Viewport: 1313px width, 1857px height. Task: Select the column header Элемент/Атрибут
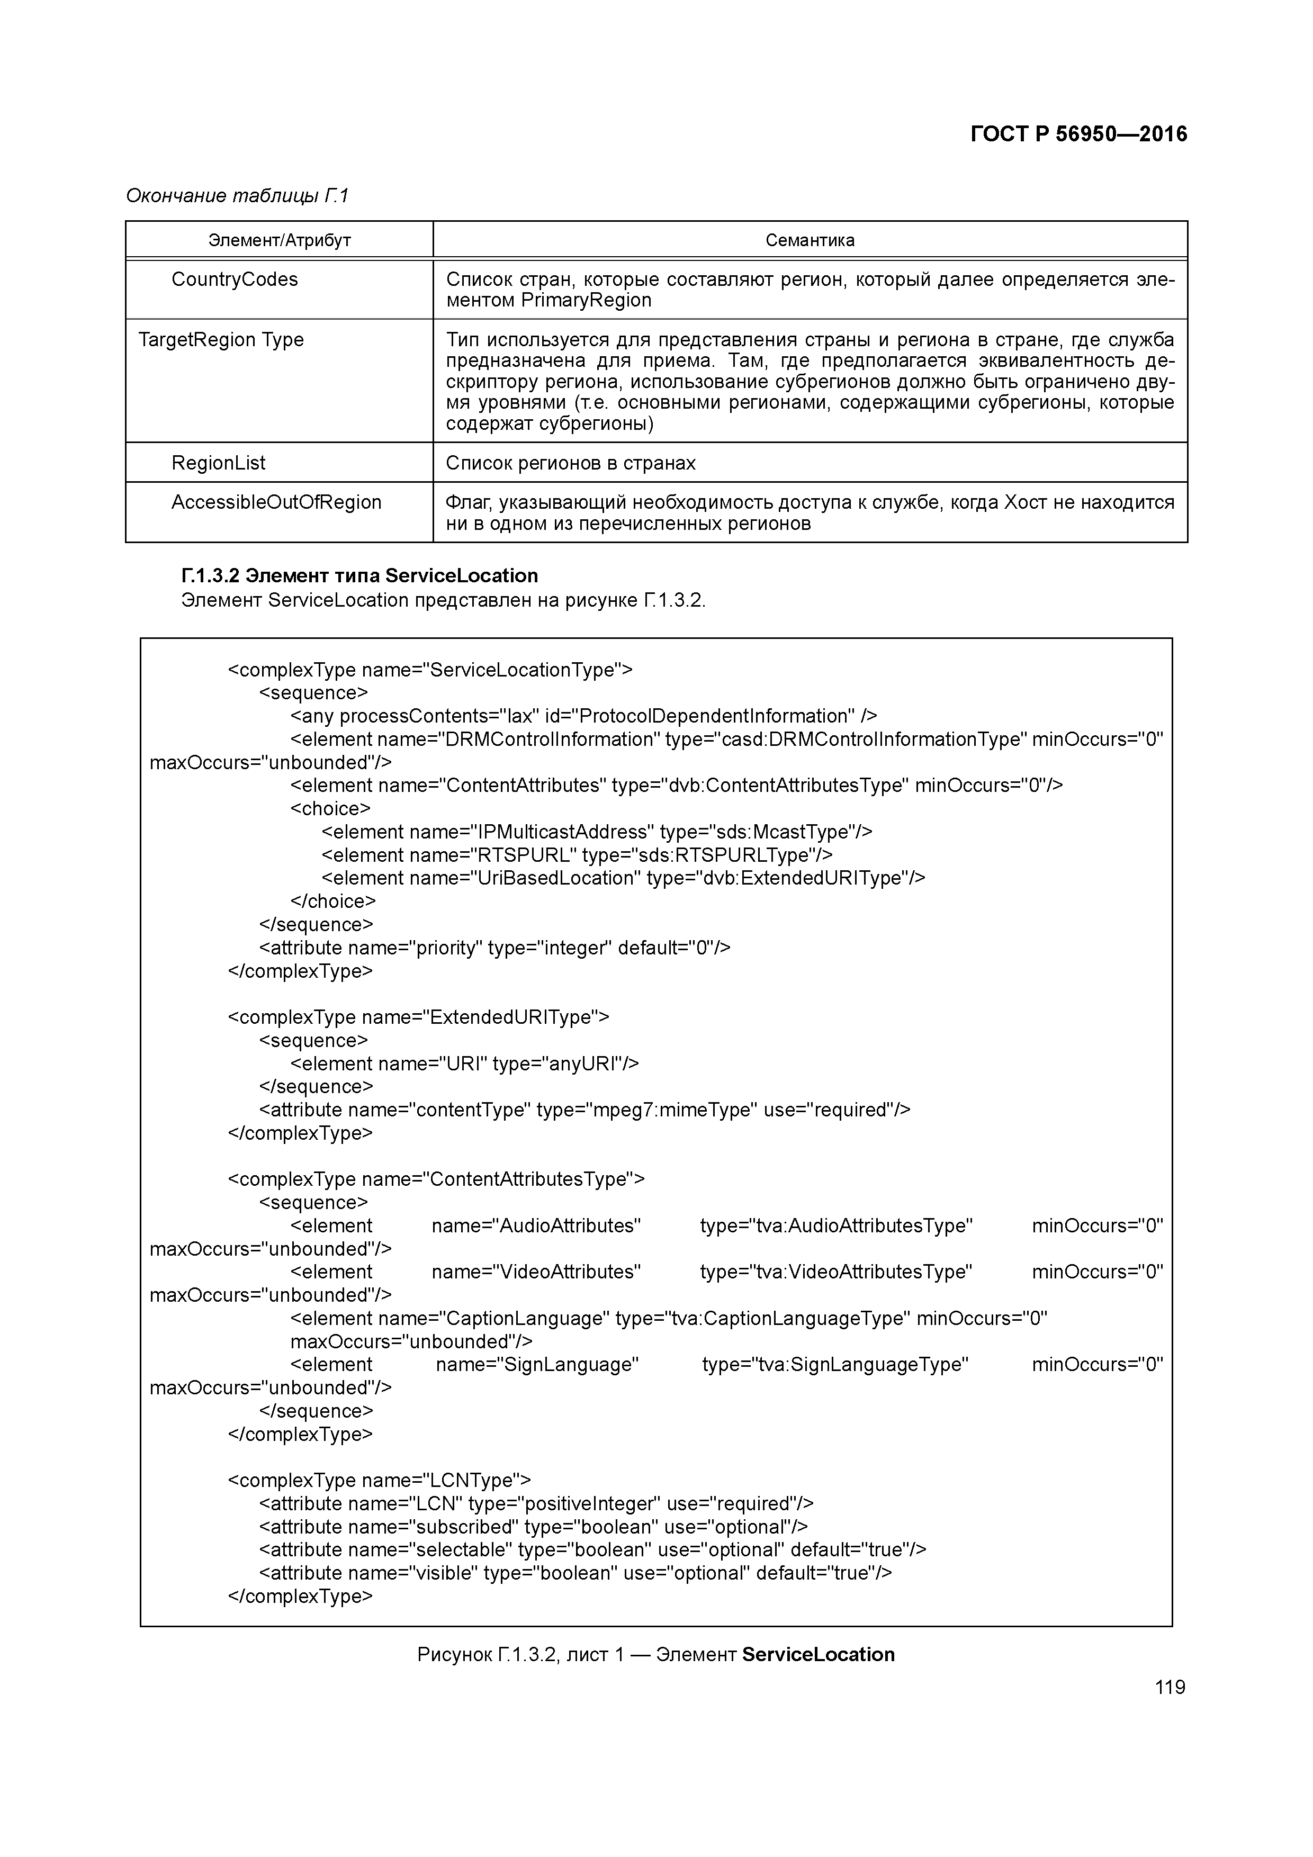pos(279,240)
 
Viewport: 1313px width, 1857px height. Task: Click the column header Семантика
pos(810,240)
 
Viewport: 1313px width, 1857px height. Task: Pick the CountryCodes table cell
pos(235,280)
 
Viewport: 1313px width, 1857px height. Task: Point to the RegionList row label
pos(219,463)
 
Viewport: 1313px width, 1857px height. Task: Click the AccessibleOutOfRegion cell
pos(276,502)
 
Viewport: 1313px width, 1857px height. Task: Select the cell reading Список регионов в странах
pos(570,463)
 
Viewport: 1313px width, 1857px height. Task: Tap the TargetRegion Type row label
pos(221,340)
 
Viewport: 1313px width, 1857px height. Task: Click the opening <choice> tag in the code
pos(330,809)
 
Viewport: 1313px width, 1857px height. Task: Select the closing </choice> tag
pos(332,901)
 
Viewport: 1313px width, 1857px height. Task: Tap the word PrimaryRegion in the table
pos(586,301)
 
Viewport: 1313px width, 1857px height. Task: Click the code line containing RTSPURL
pos(577,855)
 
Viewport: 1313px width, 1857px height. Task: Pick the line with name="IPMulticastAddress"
pos(596,832)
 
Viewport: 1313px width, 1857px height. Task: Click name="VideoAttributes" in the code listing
pos(536,1272)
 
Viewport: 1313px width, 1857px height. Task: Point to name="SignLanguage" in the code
pos(537,1365)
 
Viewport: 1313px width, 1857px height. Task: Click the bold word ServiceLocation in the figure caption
pos(818,1654)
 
